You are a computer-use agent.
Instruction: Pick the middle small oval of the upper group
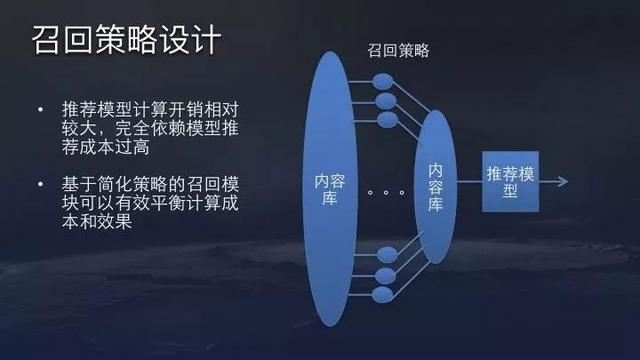383,99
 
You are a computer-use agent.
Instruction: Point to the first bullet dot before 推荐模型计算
39,108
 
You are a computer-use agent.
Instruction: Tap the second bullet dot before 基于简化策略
39,184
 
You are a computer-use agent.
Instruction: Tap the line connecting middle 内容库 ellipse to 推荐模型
471,181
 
